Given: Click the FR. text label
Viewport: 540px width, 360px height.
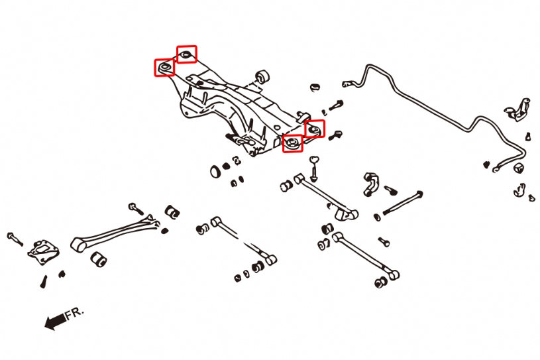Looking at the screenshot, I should click(x=76, y=314).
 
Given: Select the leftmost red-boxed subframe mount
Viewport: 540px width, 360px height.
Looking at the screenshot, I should click(x=164, y=67).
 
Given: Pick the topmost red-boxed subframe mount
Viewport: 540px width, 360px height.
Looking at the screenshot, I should click(x=187, y=53).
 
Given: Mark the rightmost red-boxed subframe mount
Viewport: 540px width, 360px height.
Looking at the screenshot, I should click(x=315, y=128).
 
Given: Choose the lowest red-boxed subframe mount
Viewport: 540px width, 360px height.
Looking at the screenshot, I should click(x=293, y=143).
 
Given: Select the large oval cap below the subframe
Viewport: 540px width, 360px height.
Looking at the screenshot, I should click(x=215, y=172).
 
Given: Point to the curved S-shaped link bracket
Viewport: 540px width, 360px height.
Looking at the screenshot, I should click(x=370, y=184).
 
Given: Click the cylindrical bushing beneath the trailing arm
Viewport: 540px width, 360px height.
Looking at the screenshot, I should click(x=100, y=258).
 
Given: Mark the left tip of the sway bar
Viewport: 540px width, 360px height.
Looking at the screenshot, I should click(x=346, y=85).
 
